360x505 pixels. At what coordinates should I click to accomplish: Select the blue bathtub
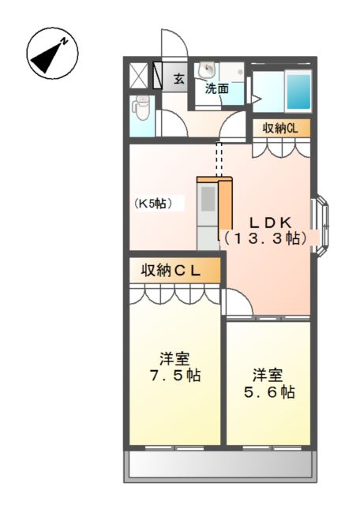click(298, 92)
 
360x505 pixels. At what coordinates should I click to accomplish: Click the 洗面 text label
click(217, 88)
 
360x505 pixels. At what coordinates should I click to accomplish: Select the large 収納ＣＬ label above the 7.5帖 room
click(171, 271)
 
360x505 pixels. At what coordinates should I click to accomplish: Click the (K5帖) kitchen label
click(158, 203)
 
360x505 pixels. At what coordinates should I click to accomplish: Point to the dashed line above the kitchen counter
click(219, 159)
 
